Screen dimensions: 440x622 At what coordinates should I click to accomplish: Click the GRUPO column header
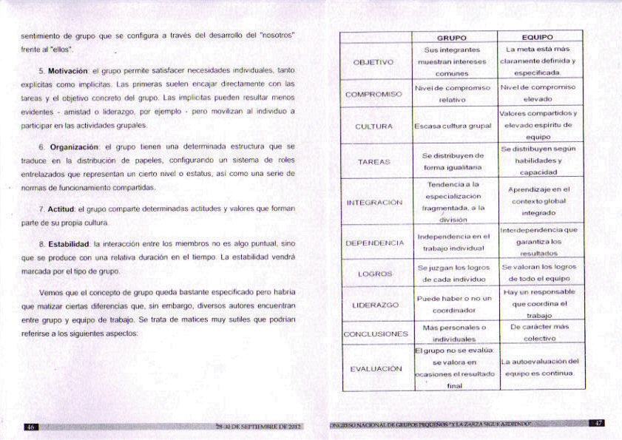(451, 36)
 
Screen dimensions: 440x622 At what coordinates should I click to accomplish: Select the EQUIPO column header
(537, 36)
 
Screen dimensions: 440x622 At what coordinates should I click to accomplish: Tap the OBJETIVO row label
(373, 62)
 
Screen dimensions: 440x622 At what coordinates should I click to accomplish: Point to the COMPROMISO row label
(373, 95)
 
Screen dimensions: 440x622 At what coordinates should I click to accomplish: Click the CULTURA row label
(373, 126)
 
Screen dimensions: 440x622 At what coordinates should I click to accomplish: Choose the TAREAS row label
(373, 161)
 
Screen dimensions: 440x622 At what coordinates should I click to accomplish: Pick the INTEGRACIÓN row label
(373, 202)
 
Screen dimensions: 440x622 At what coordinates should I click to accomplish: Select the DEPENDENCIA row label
(374, 243)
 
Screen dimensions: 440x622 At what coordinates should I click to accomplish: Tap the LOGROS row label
(374, 274)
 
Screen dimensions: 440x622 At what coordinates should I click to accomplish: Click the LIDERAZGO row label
(373, 305)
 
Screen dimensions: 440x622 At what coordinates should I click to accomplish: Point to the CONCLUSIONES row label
(375, 334)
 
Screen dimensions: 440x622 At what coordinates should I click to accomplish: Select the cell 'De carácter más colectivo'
(539, 332)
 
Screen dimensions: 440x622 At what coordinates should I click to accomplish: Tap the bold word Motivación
(68, 70)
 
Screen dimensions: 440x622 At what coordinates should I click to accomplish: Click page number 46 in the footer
(31, 427)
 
